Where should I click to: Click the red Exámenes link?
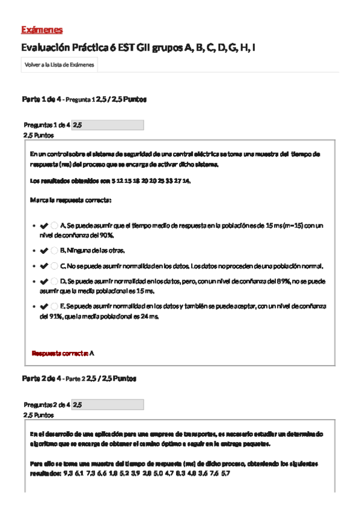click(41, 29)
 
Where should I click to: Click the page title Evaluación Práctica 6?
click(138, 48)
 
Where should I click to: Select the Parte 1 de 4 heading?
click(40, 99)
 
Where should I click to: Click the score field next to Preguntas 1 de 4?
click(108, 125)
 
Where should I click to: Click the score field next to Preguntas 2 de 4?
click(108, 405)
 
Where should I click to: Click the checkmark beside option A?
click(44, 226)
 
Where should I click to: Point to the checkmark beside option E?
click(44, 306)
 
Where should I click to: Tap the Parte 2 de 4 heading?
click(40, 378)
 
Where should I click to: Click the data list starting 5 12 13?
click(150, 181)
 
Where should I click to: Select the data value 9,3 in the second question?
click(67, 474)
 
